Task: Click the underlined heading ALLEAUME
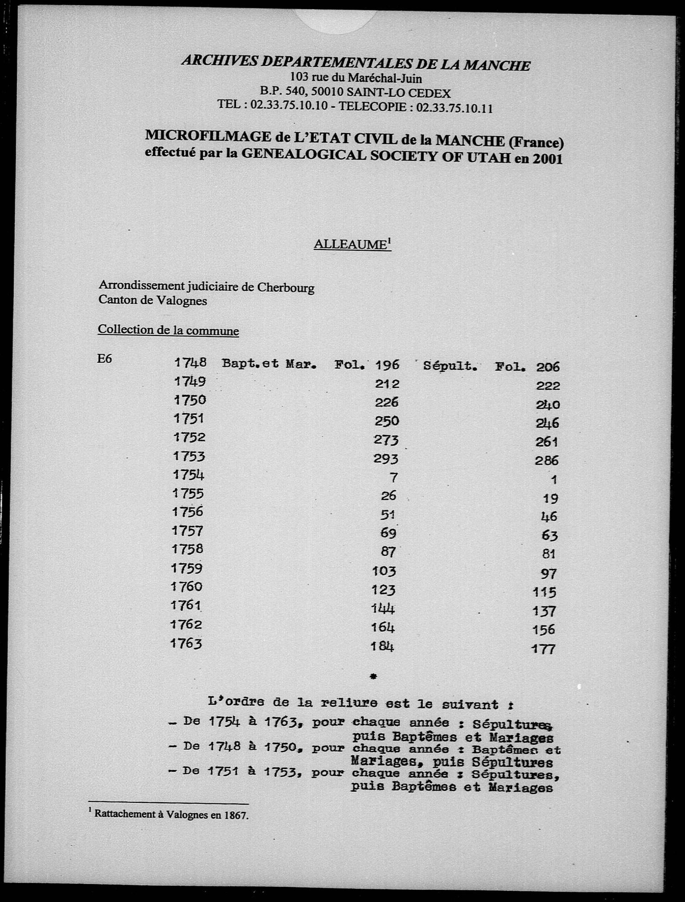pyautogui.click(x=350, y=244)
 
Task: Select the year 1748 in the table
pyautogui.click(x=190, y=362)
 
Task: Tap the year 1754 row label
pyautogui.click(x=189, y=475)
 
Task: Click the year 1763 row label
pyautogui.click(x=186, y=643)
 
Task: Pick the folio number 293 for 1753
pyautogui.click(x=386, y=459)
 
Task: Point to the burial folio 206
pyautogui.click(x=547, y=367)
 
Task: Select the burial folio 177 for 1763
pyautogui.click(x=543, y=649)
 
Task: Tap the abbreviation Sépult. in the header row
pyautogui.click(x=450, y=366)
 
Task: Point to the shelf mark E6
pyautogui.click(x=104, y=359)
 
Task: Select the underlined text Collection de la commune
pyautogui.click(x=168, y=330)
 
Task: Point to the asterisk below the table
pyautogui.click(x=373, y=676)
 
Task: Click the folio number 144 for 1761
pyautogui.click(x=383, y=609)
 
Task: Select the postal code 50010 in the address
pyautogui.click(x=327, y=93)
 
